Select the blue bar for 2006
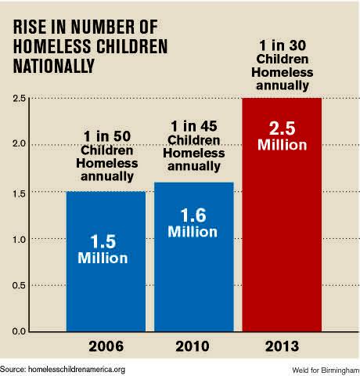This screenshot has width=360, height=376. coord(106,290)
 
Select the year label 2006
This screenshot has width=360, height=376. coord(106,346)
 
